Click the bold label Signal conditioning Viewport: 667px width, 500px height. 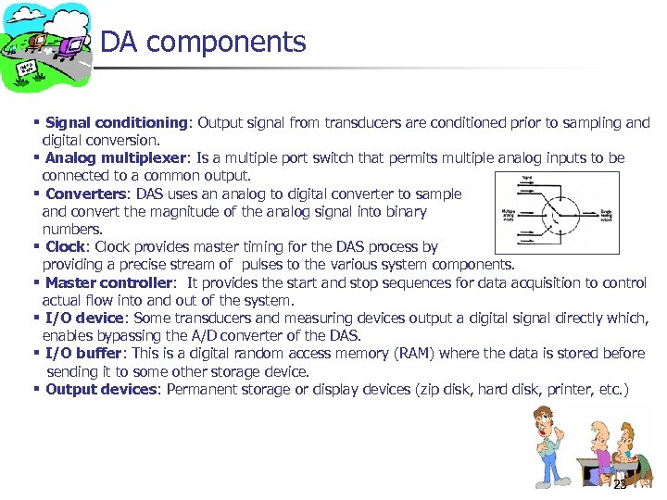[x=117, y=123]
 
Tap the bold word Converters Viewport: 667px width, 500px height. [x=85, y=194]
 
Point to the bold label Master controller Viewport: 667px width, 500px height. [x=108, y=282]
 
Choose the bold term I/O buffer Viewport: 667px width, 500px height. [x=83, y=354]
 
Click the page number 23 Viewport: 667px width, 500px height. [x=620, y=484]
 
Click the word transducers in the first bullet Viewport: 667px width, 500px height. [x=337, y=123]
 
